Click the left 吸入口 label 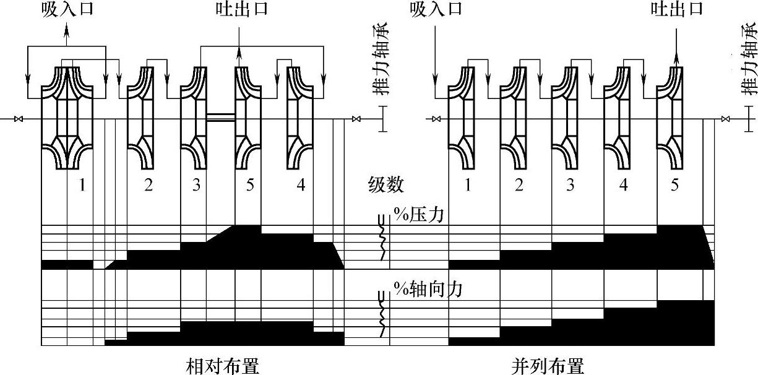pyautogui.click(x=67, y=11)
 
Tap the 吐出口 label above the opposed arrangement pyautogui.click(x=239, y=11)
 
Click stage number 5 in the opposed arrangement pyautogui.click(x=249, y=185)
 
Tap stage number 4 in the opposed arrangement pyautogui.click(x=300, y=185)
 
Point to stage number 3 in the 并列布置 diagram pyautogui.click(x=571, y=185)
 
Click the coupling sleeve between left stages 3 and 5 pyautogui.click(x=221, y=117)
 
